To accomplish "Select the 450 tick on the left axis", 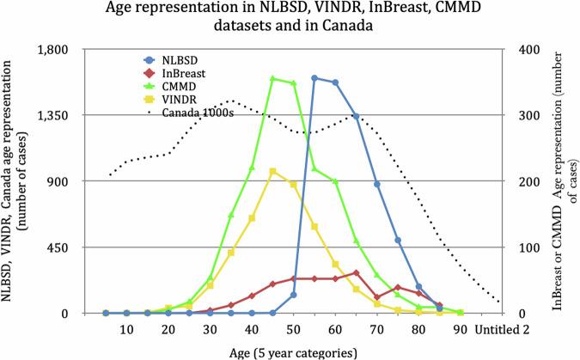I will (69, 247).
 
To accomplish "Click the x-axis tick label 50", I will (294, 331).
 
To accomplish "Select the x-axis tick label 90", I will (460, 331).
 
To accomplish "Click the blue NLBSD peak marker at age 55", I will (314, 78).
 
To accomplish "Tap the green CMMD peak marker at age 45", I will (272, 79).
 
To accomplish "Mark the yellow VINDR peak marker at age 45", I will (272, 172).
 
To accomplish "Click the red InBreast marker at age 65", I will (356, 273).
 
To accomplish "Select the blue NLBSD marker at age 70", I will (376, 185).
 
